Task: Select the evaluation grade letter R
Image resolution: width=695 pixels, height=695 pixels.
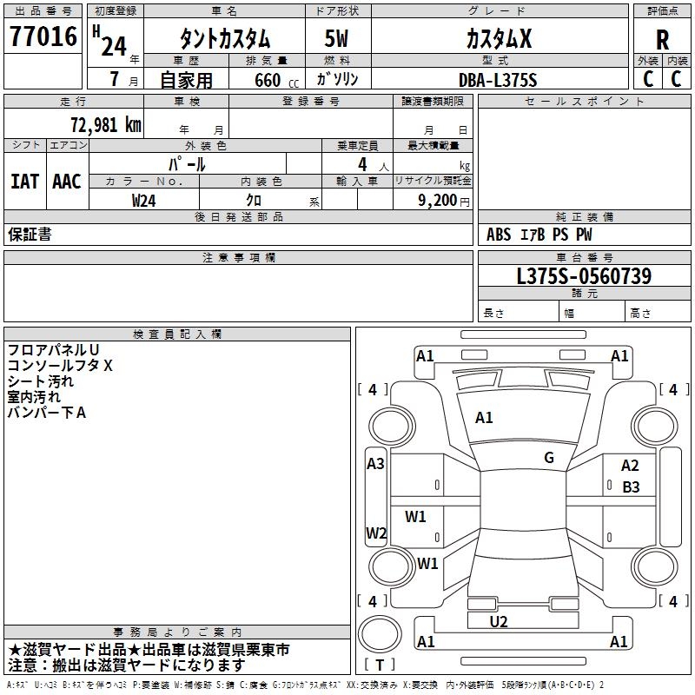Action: click(662, 39)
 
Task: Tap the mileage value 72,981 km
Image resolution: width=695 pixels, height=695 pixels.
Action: click(105, 124)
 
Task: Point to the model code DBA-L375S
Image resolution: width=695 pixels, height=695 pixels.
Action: click(498, 80)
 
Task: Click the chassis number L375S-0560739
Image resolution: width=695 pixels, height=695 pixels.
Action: click(583, 276)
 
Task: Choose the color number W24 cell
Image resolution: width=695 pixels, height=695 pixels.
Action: click(144, 200)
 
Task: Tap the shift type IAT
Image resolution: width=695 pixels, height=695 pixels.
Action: click(24, 182)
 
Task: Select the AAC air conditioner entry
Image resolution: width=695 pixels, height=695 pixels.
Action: click(67, 182)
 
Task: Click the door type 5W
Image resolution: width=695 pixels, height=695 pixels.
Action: click(338, 39)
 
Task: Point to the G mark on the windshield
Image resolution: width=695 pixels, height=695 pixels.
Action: click(548, 458)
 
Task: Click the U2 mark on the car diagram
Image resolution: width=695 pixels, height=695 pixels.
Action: click(499, 621)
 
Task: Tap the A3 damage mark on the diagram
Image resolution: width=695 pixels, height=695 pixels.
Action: click(375, 464)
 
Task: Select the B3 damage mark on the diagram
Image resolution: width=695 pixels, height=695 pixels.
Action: click(631, 487)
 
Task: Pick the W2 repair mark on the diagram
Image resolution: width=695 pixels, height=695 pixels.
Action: click(376, 533)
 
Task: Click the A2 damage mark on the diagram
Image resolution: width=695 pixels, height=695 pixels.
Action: click(630, 467)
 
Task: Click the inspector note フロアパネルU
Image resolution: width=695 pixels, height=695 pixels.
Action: click(53, 350)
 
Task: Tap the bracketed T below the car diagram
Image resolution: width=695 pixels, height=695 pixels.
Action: click(380, 665)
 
